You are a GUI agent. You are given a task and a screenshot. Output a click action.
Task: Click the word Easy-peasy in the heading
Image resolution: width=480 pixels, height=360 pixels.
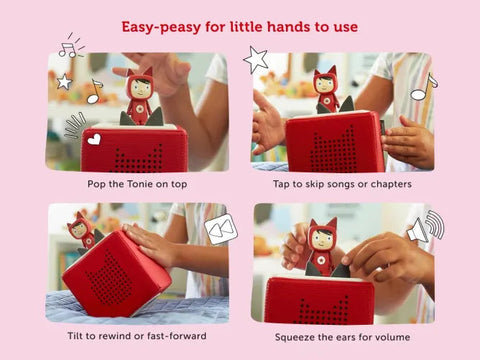pyautogui.click(x=159, y=24)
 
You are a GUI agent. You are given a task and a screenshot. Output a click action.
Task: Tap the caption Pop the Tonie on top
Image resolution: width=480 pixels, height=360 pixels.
pyautogui.click(x=136, y=183)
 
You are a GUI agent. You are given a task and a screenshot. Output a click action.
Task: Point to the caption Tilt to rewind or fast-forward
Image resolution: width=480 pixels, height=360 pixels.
pyautogui.click(x=136, y=335)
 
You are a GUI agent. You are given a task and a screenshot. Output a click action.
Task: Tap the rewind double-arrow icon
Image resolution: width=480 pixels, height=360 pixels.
pyautogui.click(x=221, y=230)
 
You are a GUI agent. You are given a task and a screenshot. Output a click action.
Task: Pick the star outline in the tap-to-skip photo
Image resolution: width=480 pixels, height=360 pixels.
pyautogui.click(x=256, y=59)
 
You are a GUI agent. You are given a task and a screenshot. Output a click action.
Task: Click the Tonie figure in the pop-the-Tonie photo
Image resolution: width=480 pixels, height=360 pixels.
pyautogui.click(x=140, y=96)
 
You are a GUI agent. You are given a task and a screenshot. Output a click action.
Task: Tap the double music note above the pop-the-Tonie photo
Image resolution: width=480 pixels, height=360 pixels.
pyautogui.click(x=69, y=46)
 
